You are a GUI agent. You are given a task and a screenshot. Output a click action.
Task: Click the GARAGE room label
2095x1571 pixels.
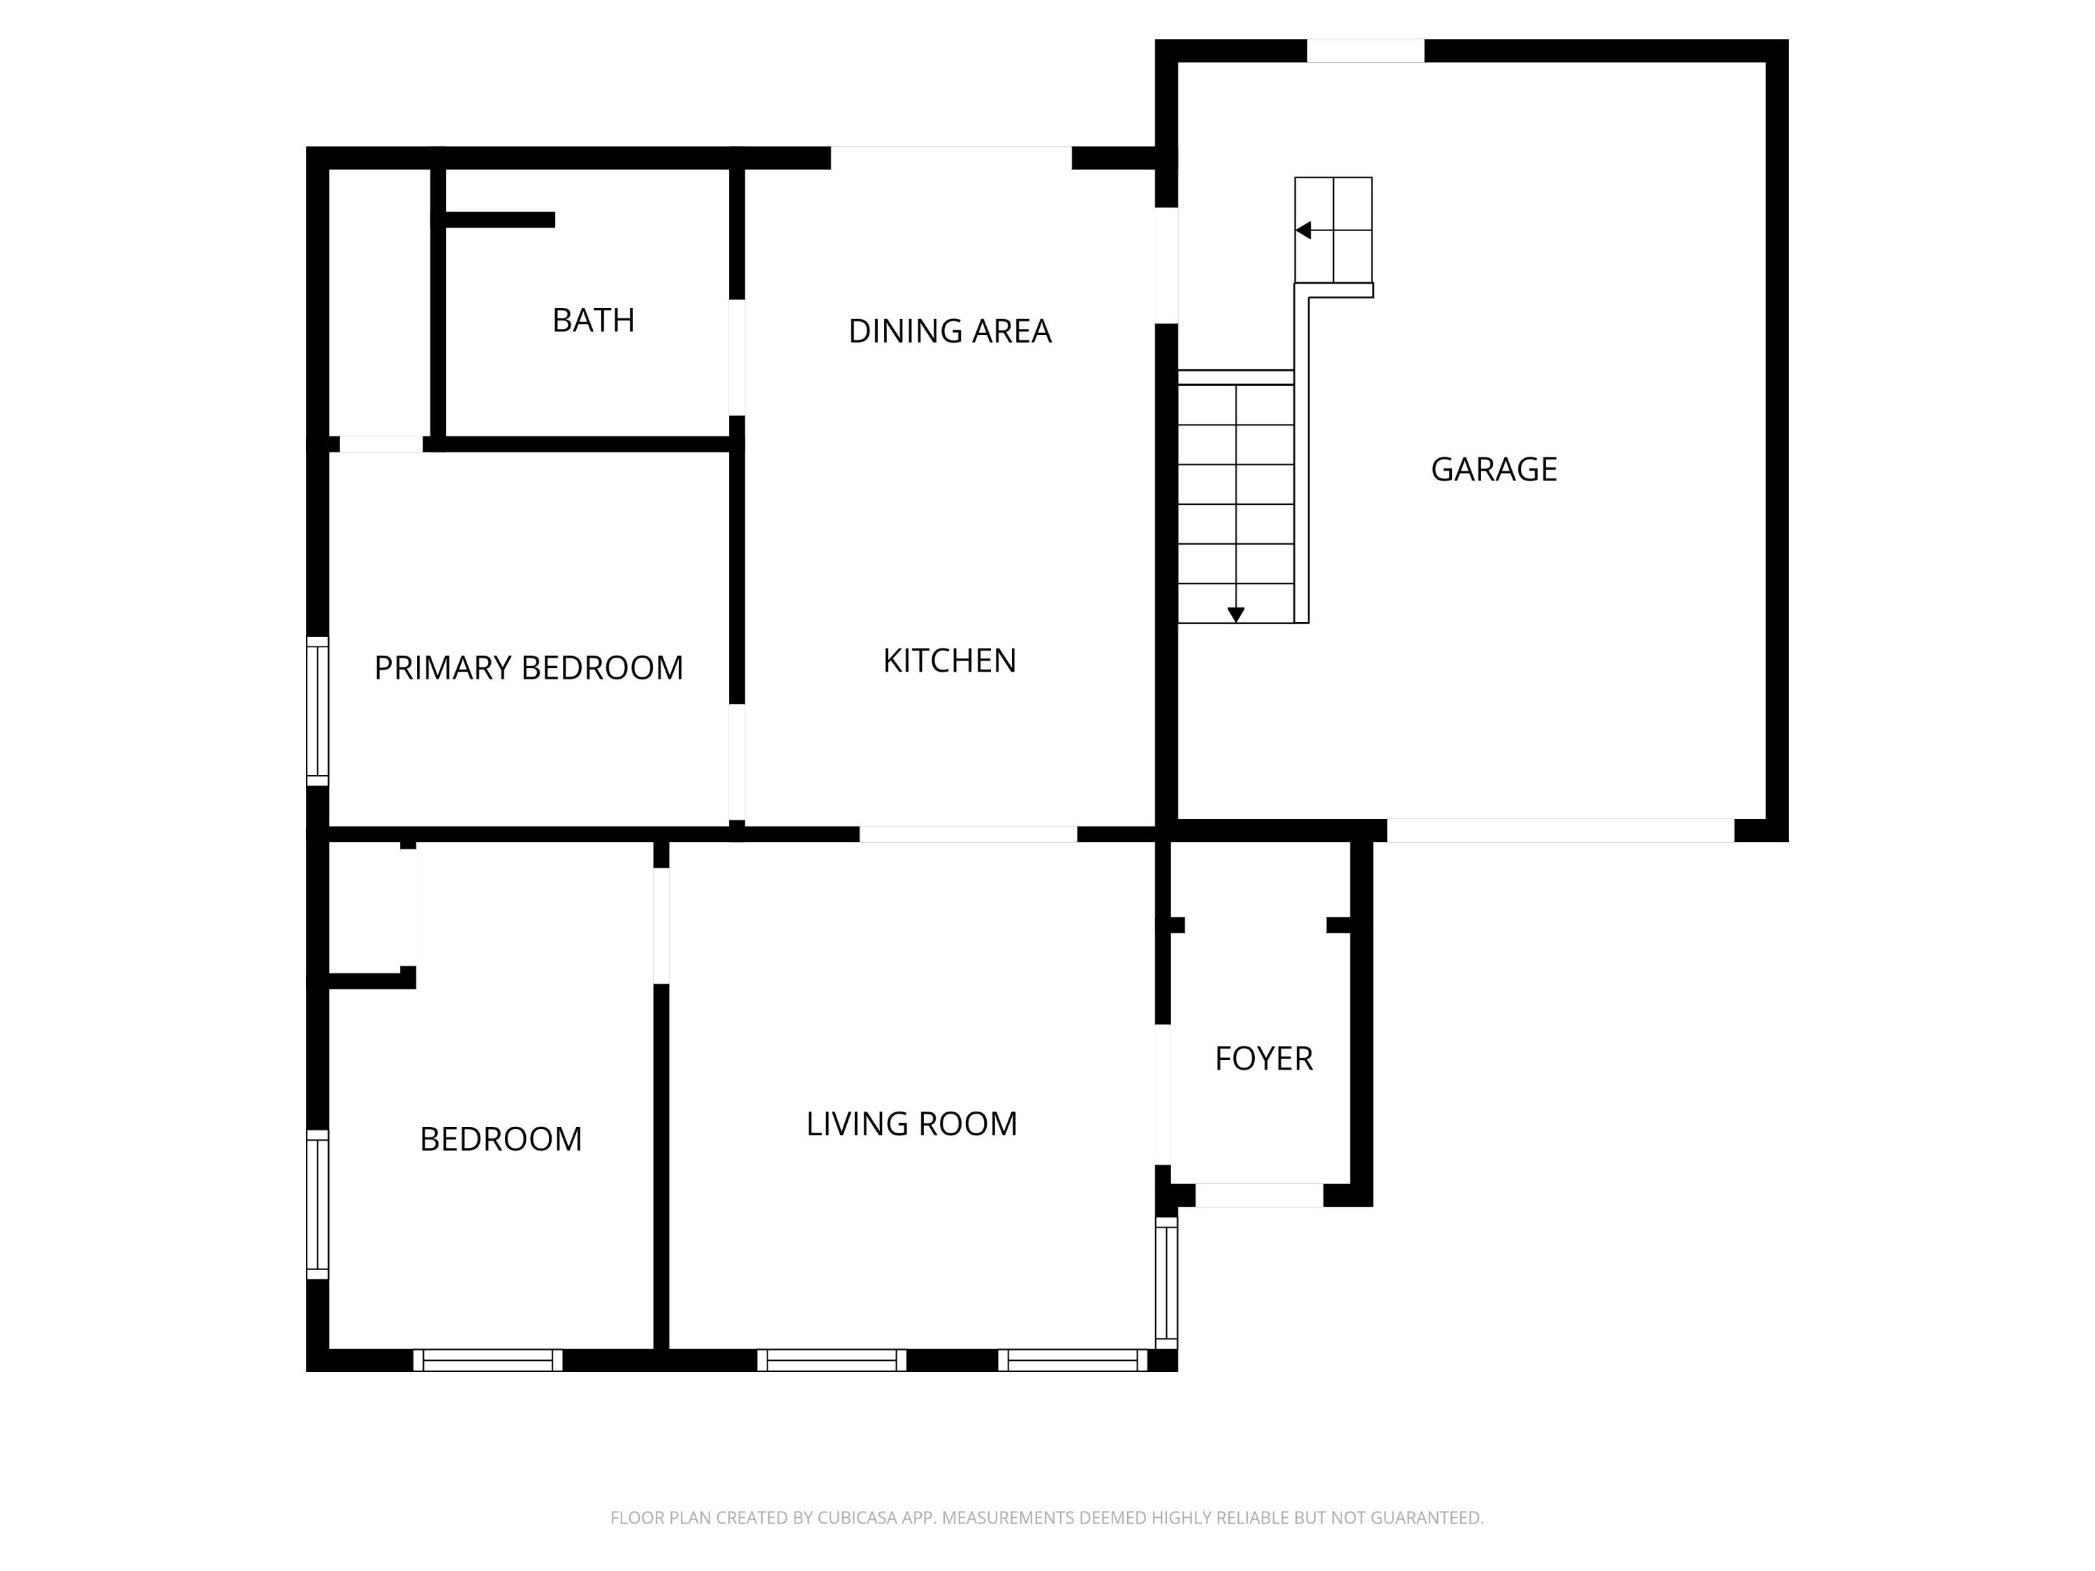point(1494,470)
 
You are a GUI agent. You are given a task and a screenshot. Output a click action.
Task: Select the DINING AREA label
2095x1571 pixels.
point(949,332)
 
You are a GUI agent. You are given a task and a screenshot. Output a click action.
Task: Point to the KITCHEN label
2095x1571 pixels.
point(949,661)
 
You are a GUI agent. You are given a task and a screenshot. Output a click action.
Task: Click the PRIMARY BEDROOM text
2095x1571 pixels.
point(529,669)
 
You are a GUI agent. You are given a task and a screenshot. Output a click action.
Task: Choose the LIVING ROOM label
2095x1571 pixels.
point(911,1124)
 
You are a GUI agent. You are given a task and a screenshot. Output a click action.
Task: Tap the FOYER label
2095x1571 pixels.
point(1263,1059)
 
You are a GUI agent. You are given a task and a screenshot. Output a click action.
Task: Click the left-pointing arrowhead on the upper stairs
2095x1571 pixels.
point(1303,230)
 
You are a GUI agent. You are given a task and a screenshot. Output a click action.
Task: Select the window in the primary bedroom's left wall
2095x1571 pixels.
point(317,711)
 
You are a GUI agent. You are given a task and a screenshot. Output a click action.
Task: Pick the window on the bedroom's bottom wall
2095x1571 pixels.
point(487,1360)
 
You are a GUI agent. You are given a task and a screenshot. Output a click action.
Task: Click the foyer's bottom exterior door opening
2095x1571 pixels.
point(1258,1195)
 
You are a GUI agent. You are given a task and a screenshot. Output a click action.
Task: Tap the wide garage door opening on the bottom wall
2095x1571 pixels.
point(1560,830)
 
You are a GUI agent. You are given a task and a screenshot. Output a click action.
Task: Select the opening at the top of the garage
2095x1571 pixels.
point(1365,51)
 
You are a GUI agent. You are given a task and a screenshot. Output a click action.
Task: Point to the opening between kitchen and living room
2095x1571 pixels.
point(968,834)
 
